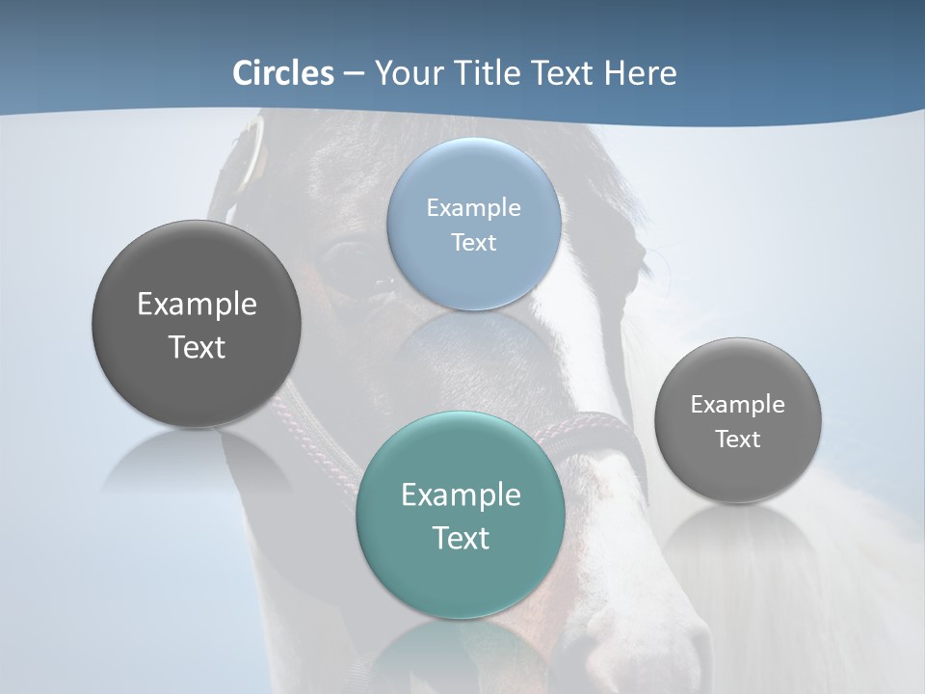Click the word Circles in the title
pyautogui.click(x=282, y=73)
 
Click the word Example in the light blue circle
pyautogui.click(x=474, y=207)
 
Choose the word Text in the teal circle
pyautogui.click(x=461, y=538)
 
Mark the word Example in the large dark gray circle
pyautogui.click(x=197, y=304)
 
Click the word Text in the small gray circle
pyautogui.click(x=738, y=440)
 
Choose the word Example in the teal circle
pyautogui.click(x=461, y=494)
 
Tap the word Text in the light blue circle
pyautogui.click(x=474, y=242)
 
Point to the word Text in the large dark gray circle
pyautogui.click(x=197, y=347)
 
